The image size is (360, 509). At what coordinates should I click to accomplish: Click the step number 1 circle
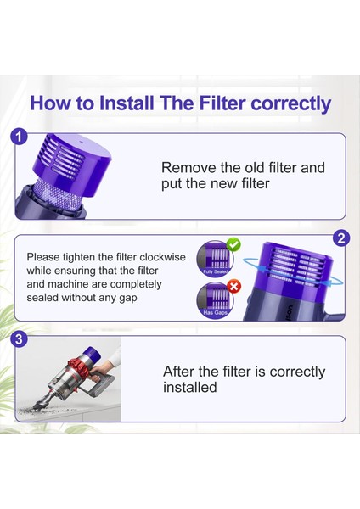coord(20,137)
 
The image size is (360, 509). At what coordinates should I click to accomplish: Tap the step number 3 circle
coord(20,340)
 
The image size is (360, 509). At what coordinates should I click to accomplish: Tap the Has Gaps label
coord(213,315)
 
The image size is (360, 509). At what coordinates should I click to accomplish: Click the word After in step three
coord(180,372)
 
